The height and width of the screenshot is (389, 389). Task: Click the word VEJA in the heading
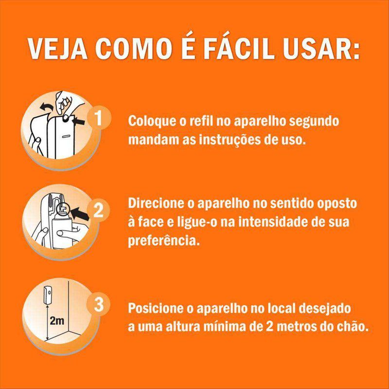point(57,48)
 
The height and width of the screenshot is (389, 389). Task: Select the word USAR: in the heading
point(321,48)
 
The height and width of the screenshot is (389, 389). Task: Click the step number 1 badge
point(99,118)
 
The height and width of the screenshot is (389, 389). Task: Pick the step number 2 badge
point(99,211)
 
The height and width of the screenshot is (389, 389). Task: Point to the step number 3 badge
point(99,304)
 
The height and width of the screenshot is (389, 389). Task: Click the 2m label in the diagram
point(57,321)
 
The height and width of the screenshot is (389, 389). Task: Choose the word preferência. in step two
point(164,240)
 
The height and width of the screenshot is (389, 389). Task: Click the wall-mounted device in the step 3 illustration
point(48,295)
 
